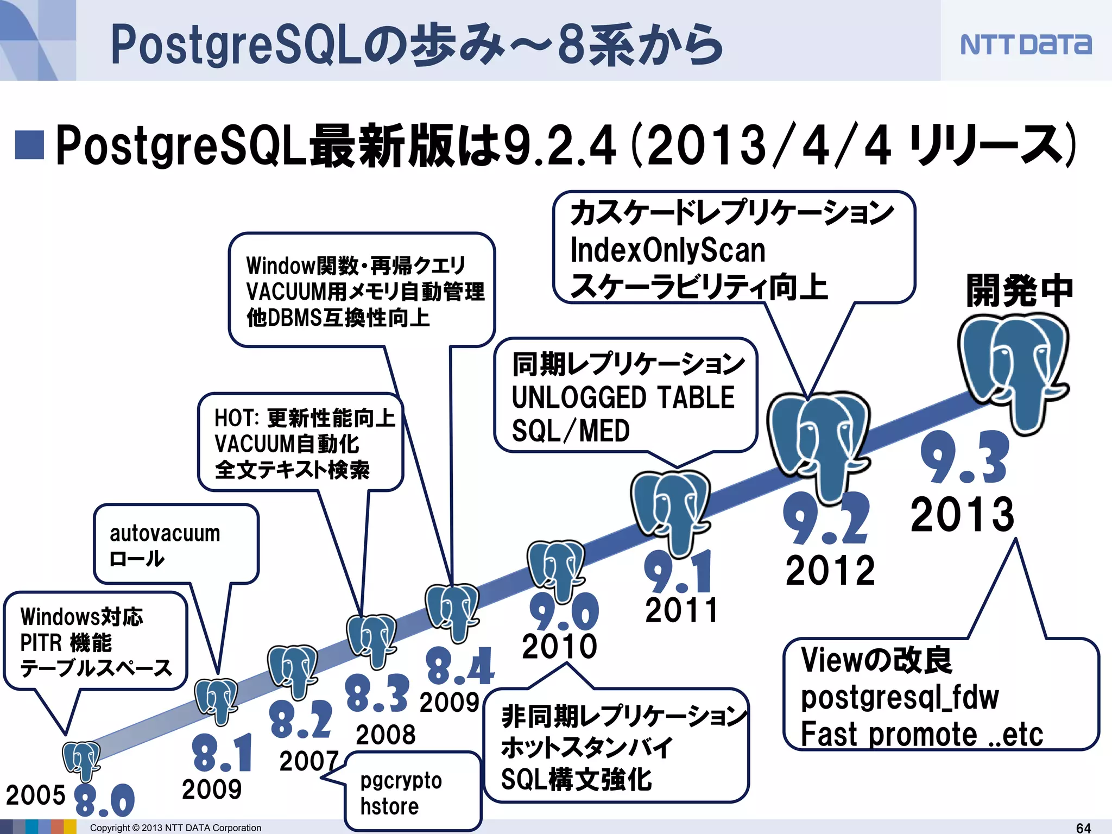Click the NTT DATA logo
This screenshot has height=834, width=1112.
point(1025,45)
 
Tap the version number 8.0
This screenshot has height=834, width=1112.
point(104,800)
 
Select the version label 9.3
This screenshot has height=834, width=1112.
point(965,457)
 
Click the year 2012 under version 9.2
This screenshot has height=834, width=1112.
point(830,571)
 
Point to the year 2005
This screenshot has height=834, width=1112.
point(35,795)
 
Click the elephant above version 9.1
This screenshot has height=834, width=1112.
point(671,510)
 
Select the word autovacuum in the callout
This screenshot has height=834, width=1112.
point(165,533)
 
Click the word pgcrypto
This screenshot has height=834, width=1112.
point(401,781)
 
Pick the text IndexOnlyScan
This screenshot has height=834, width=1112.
point(667,250)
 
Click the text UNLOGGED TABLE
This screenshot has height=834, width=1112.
point(623,397)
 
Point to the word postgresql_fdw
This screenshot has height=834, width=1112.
point(899,698)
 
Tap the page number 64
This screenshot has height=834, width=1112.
point(1083,827)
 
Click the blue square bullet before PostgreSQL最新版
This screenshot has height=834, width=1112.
point(29,145)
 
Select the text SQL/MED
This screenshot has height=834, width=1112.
point(570,431)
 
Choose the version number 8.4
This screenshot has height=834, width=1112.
point(460,666)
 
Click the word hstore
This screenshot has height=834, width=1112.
point(389,807)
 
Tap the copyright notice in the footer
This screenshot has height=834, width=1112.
point(175,827)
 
